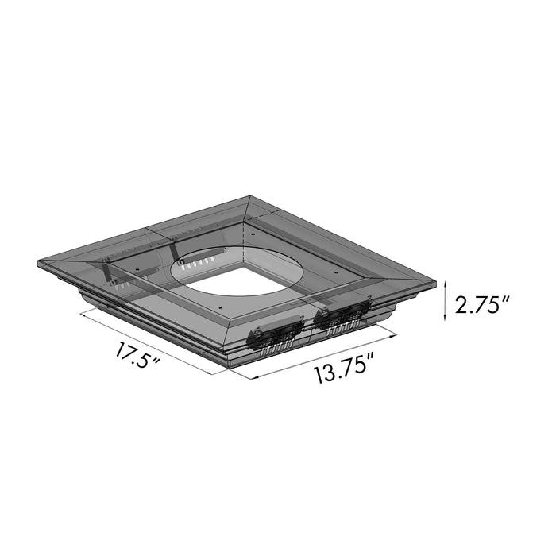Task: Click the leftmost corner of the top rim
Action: [x=39, y=263]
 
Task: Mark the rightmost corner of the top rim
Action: [x=438, y=281]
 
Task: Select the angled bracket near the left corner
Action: [x=112, y=274]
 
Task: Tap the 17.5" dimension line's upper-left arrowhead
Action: [x=83, y=312]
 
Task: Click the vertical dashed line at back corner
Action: [x=241, y=230]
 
